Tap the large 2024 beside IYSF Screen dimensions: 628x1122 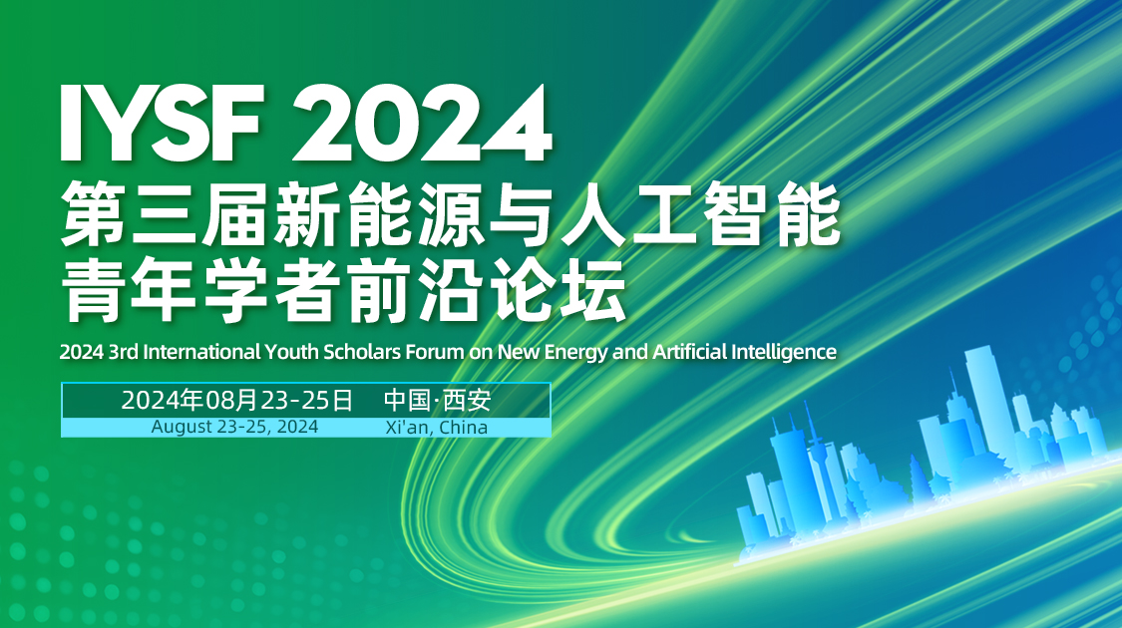(422, 124)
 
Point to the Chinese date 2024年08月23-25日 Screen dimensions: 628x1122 (237, 401)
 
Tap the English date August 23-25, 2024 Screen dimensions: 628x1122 (235, 427)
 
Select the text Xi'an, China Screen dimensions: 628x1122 (436, 427)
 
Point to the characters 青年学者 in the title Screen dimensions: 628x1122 (189, 290)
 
